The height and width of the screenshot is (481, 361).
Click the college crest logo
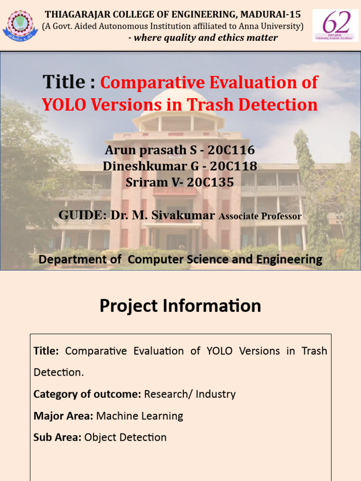click(20, 25)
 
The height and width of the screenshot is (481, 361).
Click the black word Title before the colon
click(64, 82)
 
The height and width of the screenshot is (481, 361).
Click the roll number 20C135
click(210, 182)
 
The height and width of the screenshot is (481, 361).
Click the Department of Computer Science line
click(180, 259)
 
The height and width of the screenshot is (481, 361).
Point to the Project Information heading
click(180, 306)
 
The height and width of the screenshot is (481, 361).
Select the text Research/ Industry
click(190, 394)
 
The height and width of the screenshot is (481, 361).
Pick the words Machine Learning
click(140, 416)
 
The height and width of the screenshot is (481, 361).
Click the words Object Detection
click(126, 437)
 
